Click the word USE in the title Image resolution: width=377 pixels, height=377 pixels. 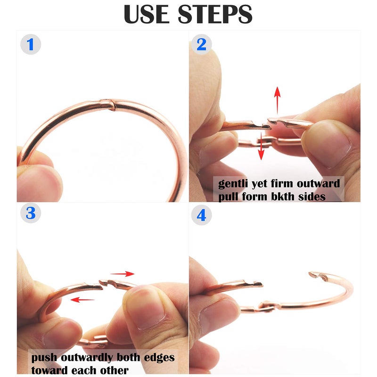click(x=147, y=15)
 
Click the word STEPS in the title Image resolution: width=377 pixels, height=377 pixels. click(x=215, y=15)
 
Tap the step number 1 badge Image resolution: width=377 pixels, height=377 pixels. click(x=31, y=44)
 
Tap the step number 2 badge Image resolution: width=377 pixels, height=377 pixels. click(x=201, y=44)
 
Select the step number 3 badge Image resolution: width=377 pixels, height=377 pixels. click(x=31, y=213)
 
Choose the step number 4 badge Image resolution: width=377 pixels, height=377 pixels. click(x=201, y=215)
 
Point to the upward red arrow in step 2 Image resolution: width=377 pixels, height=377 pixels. click(x=277, y=100)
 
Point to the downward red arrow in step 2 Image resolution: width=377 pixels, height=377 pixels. click(x=261, y=146)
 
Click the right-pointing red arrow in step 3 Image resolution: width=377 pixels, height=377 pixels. click(x=122, y=274)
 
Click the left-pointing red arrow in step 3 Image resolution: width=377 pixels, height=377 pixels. click(x=82, y=300)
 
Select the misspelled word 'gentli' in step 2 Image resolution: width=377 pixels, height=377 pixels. click(x=233, y=184)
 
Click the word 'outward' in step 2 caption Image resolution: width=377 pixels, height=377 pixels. click(x=319, y=183)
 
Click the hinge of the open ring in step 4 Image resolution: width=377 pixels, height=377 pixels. click(x=266, y=306)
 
